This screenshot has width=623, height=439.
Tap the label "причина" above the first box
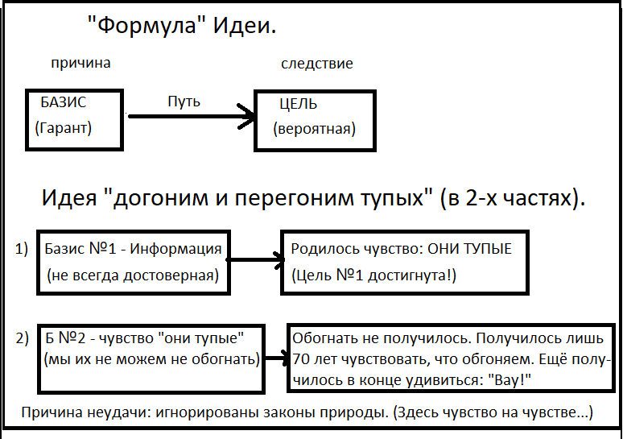click(x=80, y=63)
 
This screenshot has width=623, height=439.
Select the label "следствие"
click(x=316, y=63)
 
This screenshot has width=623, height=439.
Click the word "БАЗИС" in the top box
click(x=63, y=103)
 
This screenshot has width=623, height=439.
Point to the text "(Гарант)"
click(x=64, y=127)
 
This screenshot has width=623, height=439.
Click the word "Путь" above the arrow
click(x=184, y=101)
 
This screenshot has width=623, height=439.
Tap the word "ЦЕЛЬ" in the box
click(x=298, y=104)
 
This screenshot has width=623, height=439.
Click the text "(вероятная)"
click(x=314, y=128)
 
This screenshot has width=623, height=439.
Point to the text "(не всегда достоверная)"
click(x=133, y=275)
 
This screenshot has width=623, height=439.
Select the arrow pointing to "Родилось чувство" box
click(x=256, y=260)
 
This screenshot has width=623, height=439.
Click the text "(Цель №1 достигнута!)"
click(x=373, y=276)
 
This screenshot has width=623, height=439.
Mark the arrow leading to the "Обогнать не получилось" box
click(x=275, y=358)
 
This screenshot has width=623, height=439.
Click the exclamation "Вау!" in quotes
click(x=509, y=379)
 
